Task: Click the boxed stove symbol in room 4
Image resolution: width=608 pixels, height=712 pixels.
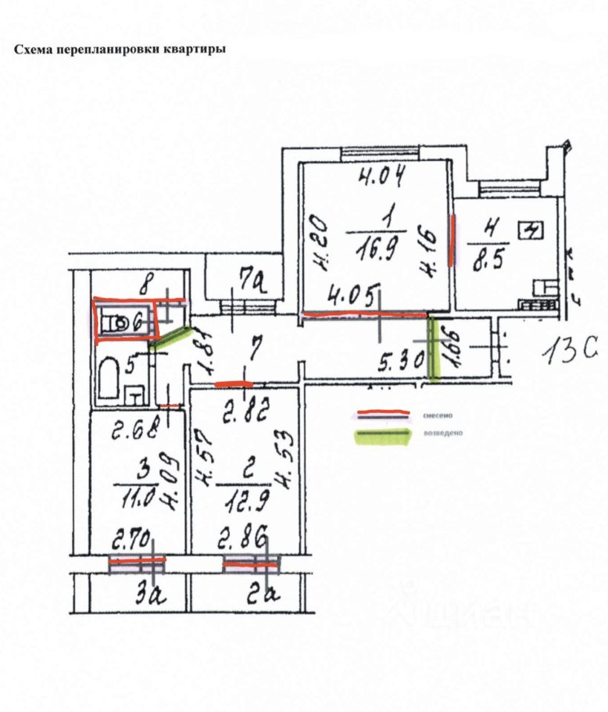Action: point(532,231)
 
